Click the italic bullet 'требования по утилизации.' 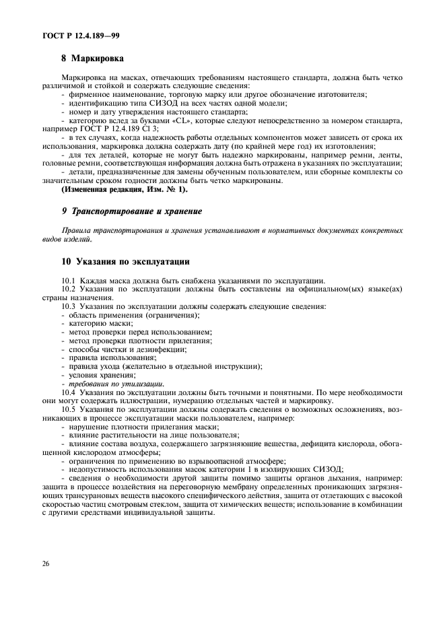coord(116,383)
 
